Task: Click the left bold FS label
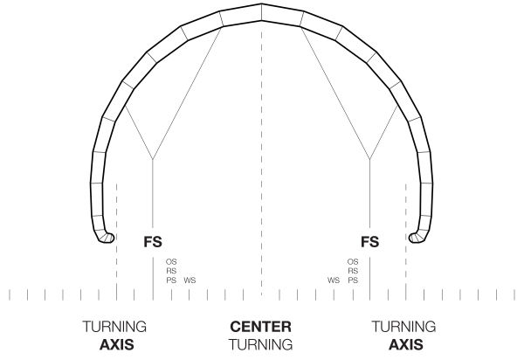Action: click(153, 240)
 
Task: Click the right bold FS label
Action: click(370, 240)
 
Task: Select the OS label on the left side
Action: click(171, 261)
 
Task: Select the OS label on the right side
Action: click(353, 261)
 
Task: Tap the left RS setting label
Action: click(171, 271)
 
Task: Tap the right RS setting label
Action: click(353, 271)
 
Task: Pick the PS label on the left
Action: click(171, 280)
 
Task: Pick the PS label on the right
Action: click(353, 280)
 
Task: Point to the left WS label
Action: click(190, 280)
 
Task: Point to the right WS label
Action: click(334, 280)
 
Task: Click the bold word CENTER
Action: click(260, 327)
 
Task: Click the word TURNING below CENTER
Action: click(260, 343)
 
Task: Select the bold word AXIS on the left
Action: click(116, 343)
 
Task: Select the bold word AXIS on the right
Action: click(405, 343)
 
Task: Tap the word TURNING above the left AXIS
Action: click(116, 327)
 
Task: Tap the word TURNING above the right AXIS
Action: click(405, 327)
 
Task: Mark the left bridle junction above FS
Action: click(153, 159)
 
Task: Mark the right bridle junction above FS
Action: click(370, 159)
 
